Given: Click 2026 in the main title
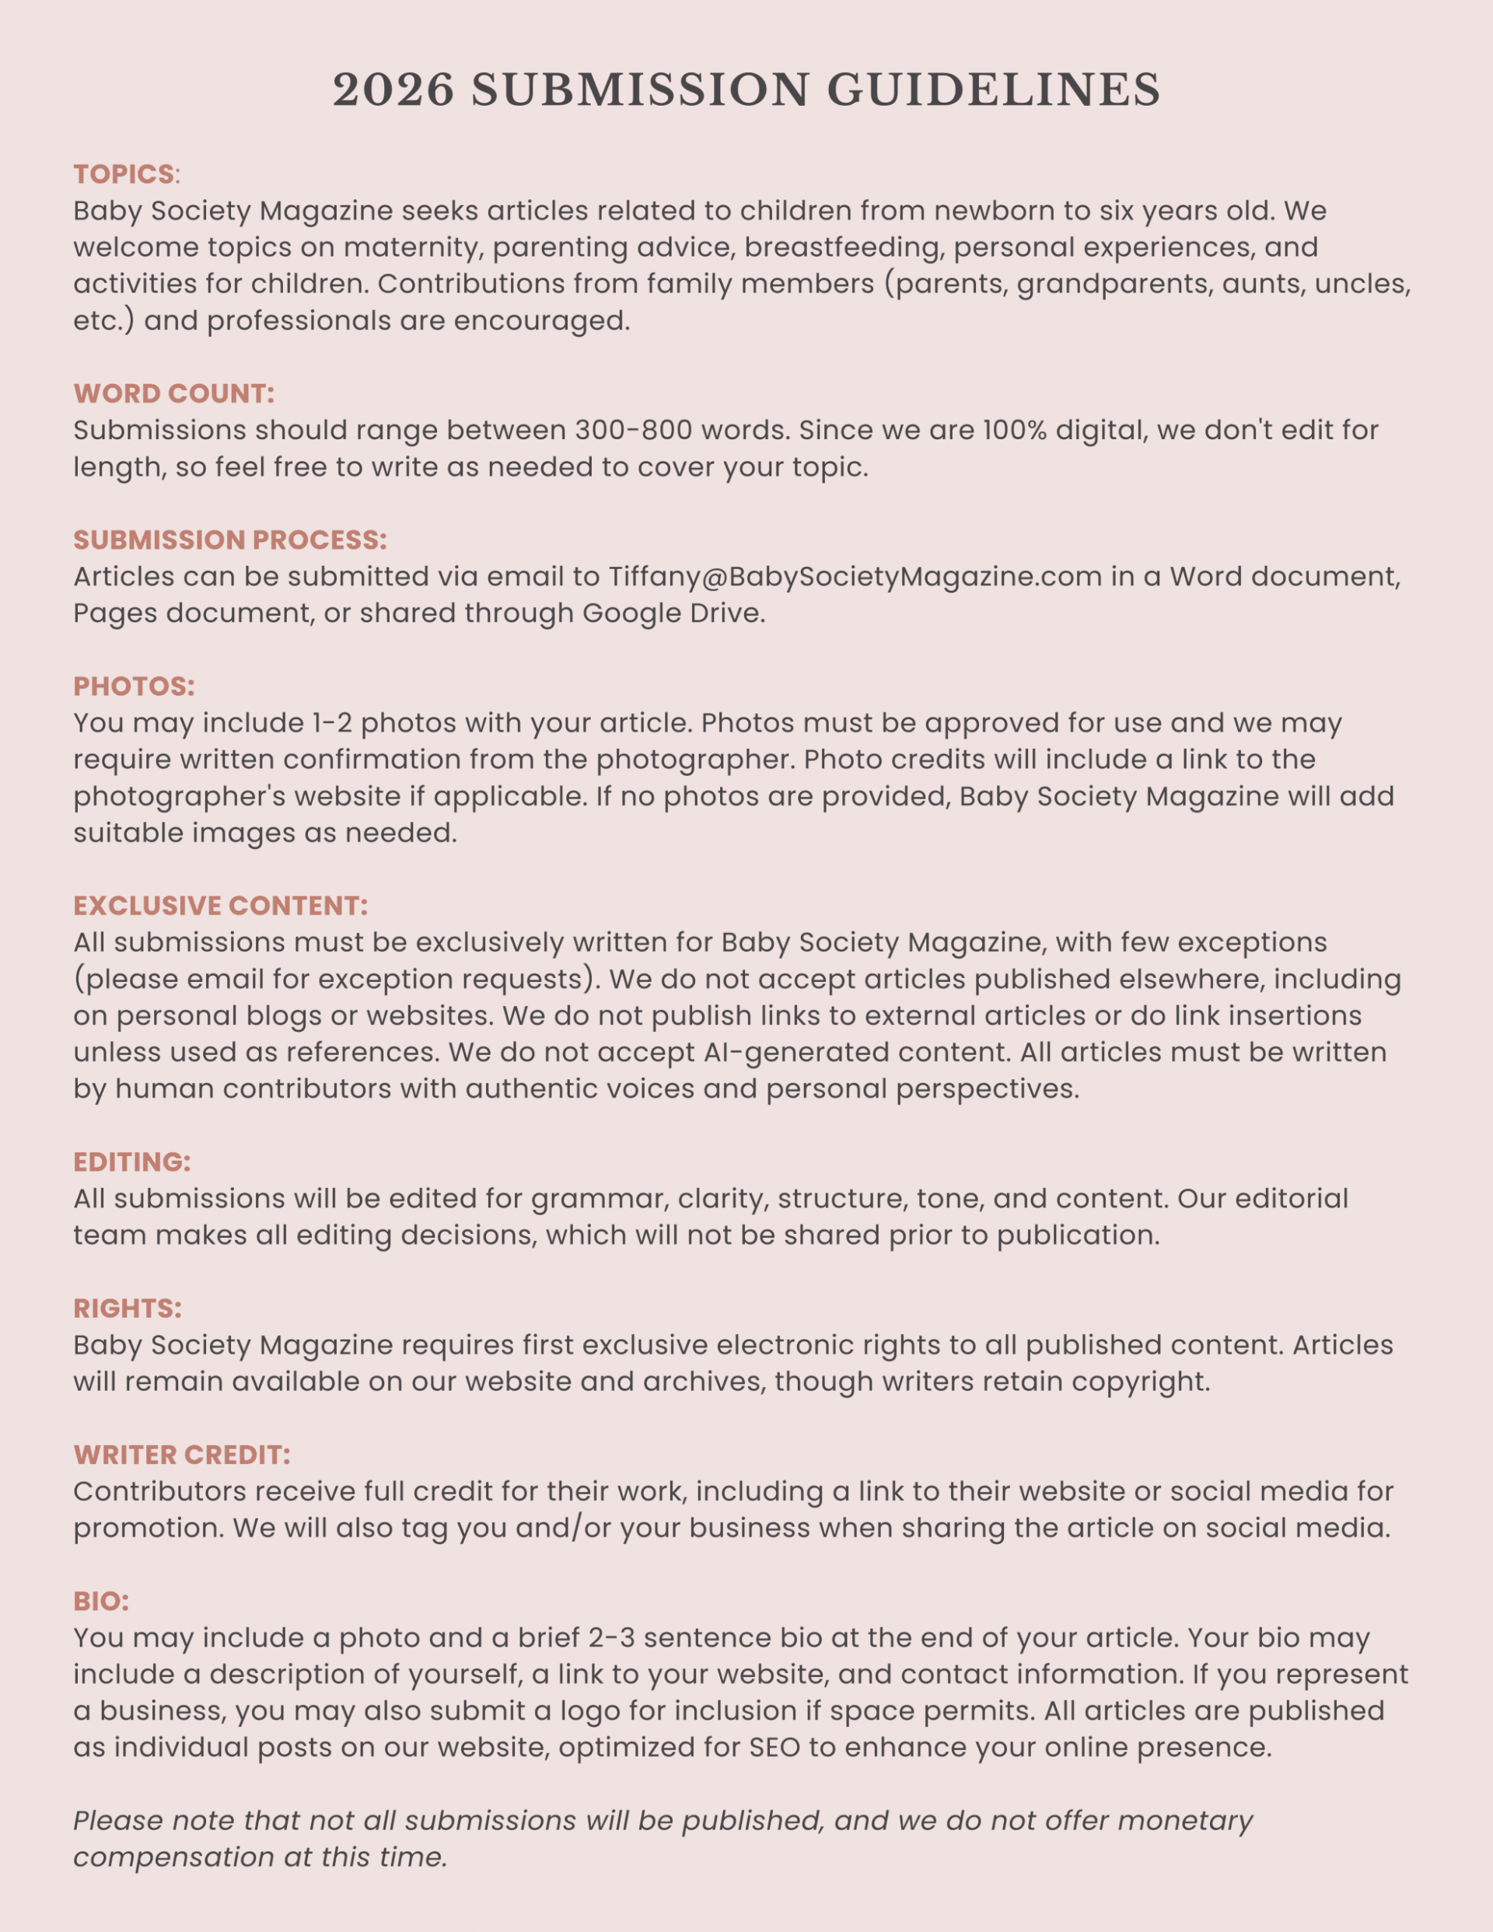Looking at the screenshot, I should click(393, 90).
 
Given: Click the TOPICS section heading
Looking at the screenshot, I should click(124, 174).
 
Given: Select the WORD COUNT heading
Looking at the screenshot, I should click(173, 393).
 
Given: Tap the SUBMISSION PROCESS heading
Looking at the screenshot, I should click(230, 540).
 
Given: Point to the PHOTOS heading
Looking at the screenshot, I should click(134, 687).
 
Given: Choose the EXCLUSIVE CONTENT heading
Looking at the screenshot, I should click(220, 906).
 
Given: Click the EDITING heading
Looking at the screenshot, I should click(132, 1162).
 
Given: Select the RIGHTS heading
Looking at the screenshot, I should click(128, 1308).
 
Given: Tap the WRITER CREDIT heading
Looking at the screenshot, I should click(181, 1455).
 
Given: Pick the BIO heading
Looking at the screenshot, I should click(101, 1601).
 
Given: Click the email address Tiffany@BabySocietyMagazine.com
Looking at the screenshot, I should click(855, 577).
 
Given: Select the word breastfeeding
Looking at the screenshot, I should click(841, 248).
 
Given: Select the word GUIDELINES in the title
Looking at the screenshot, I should click(994, 90).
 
